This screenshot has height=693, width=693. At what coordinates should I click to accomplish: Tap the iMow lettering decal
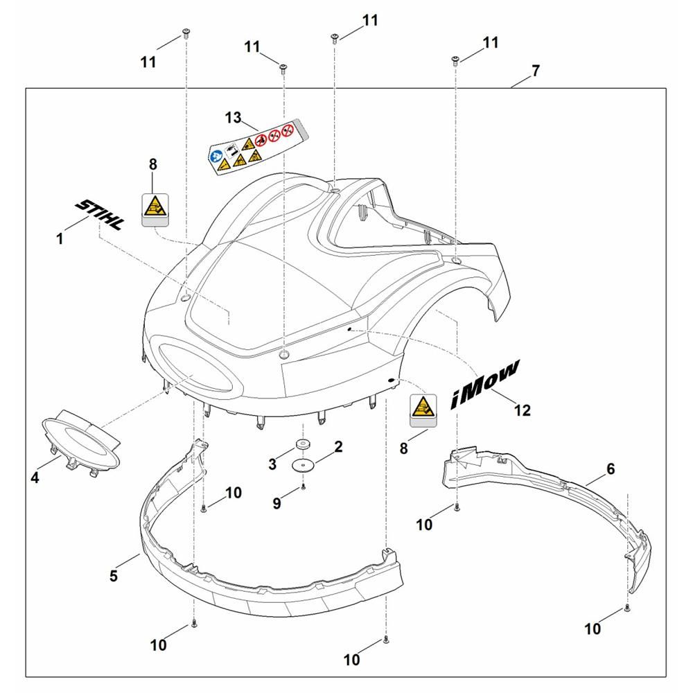(485, 385)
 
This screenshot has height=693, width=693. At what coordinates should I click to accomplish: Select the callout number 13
(233, 118)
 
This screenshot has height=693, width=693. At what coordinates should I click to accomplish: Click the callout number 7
(536, 71)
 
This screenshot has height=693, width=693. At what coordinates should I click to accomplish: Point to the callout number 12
(523, 410)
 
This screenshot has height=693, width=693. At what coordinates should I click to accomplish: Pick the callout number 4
(35, 477)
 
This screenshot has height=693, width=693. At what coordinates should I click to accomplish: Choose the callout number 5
(114, 576)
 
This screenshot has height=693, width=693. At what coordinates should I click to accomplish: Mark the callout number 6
(611, 468)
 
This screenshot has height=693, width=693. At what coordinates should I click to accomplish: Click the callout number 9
(277, 503)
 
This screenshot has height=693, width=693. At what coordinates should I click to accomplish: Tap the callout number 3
(272, 464)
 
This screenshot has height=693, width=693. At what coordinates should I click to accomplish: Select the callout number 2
(338, 447)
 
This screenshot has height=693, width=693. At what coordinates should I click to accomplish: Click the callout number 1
(60, 239)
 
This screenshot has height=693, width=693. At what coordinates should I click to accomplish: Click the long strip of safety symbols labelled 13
(254, 147)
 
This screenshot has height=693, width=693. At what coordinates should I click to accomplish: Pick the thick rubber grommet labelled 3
(304, 444)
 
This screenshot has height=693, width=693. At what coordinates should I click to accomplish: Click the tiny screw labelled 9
(304, 487)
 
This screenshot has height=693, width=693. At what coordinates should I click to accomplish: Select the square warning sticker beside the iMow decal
(424, 410)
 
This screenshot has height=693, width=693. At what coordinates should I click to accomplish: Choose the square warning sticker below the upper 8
(155, 210)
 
